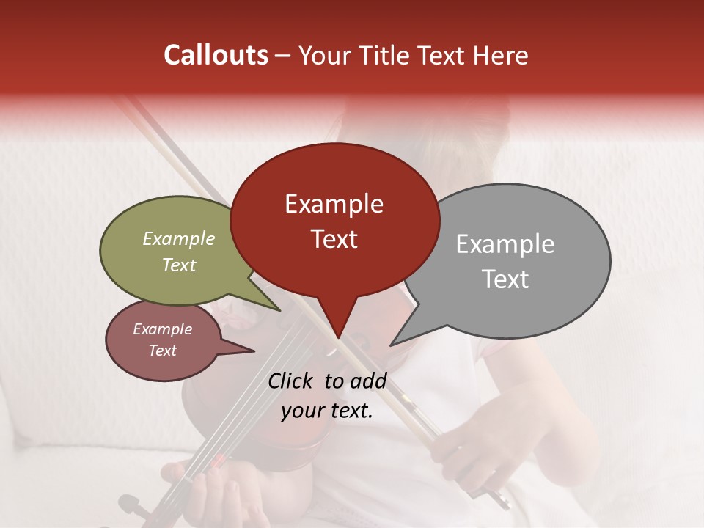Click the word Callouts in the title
216,55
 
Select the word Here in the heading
502,55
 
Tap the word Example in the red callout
334,204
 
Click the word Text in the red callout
334,239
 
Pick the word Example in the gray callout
505,244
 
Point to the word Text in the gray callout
505,279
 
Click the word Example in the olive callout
179,239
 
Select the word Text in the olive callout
179,265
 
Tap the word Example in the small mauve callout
162,329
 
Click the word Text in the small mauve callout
162,351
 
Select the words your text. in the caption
327,411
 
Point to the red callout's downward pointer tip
338,338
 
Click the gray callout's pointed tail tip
391,345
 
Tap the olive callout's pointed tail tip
279,311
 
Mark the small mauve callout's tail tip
254,352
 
